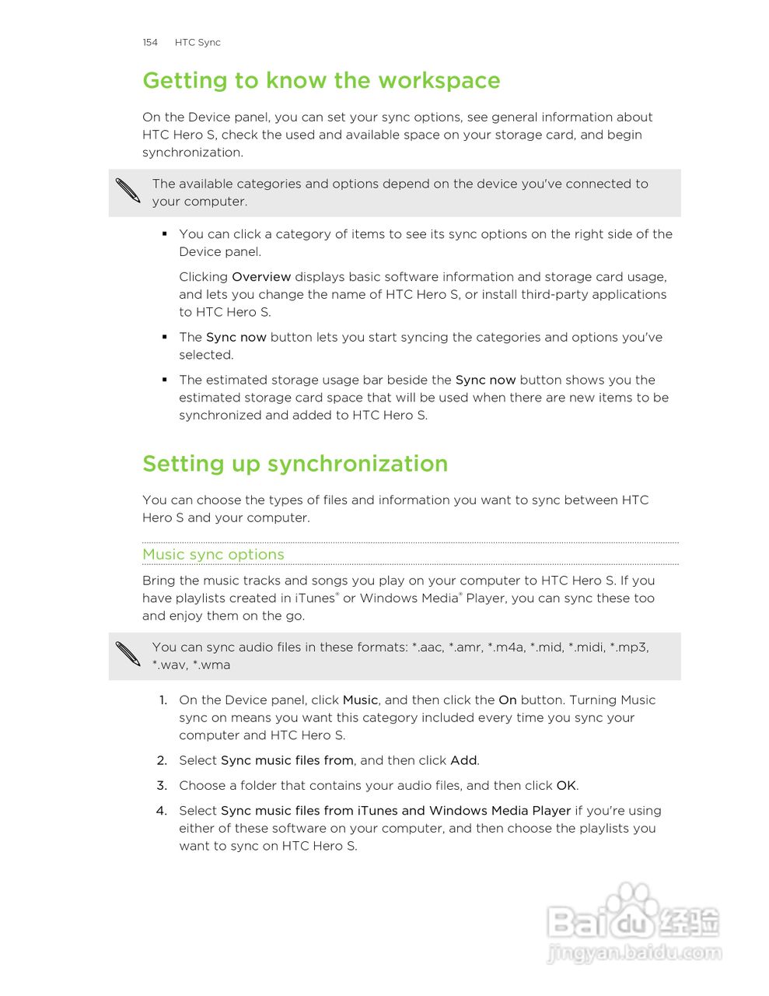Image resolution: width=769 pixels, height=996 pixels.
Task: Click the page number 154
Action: pos(150,43)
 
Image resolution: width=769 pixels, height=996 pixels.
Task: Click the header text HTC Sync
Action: pos(197,43)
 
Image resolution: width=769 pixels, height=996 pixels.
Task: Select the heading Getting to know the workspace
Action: pos(321,81)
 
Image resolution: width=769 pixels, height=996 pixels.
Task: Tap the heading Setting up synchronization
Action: pos(295,464)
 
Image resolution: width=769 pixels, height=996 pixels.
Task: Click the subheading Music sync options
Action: pos(213,555)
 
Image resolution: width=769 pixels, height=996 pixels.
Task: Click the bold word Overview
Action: pos(261,277)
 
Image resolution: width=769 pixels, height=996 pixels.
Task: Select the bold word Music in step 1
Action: pos(360,700)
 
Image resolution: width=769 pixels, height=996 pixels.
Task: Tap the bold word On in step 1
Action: pos(508,700)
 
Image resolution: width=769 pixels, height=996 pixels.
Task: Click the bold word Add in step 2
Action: pos(463,761)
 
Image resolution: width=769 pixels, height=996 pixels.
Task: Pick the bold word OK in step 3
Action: pos(566,786)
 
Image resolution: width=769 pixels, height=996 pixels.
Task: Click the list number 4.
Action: pos(162,811)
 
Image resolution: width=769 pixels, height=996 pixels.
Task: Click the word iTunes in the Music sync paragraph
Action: pos(314,598)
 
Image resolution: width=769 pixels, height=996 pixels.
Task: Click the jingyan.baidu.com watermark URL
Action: pos(634,953)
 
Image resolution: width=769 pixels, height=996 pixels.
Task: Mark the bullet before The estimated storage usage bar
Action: pos(165,380)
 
